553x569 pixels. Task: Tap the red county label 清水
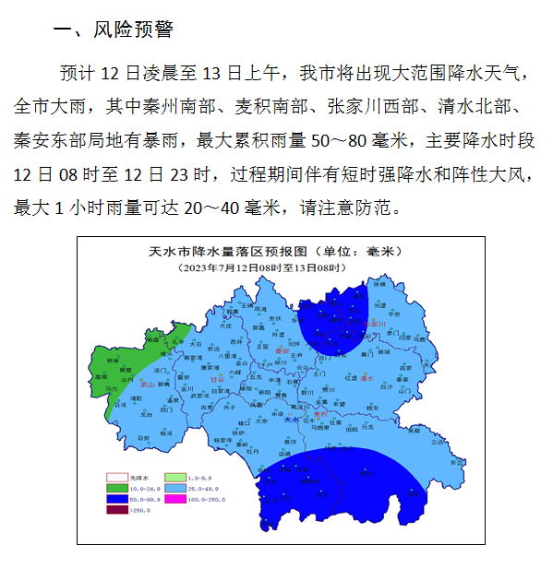tap(367, 378)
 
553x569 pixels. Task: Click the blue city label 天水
tap(292, 420)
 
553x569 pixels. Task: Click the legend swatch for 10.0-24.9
tap(116, 488)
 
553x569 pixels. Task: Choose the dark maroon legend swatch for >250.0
tap(116, 509)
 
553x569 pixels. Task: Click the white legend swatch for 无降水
tap(116, 478)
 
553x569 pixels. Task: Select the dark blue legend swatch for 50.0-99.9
tap(116, 499)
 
